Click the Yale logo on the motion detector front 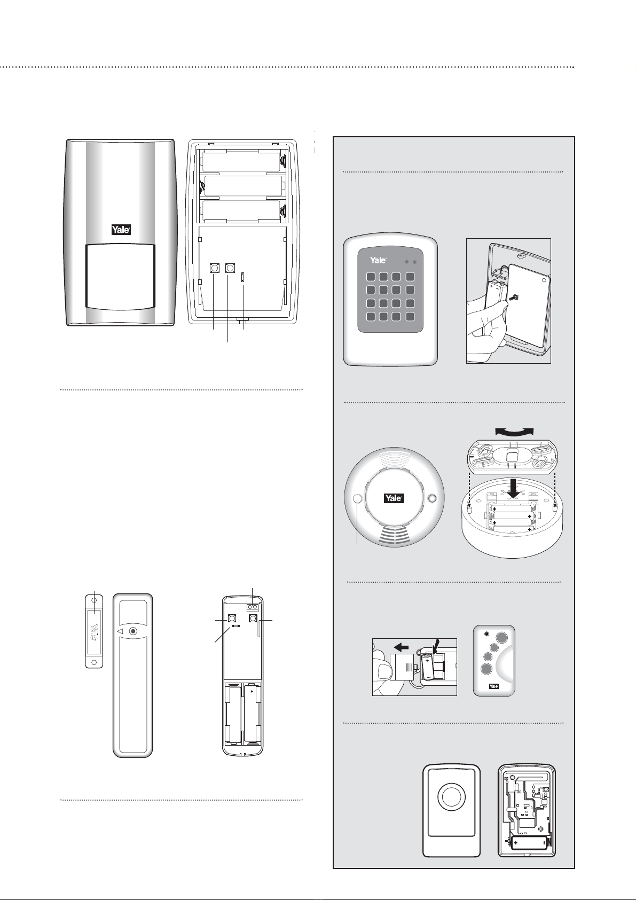click(x=121, y=230)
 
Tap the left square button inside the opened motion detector click(x=214, y=267)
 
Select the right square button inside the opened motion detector click(x=230, y=267)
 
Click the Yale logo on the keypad click(x=378, y=260)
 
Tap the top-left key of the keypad click(x=370, y=277)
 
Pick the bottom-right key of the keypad click(x=410, y=317)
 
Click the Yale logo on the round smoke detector click(x=394, y=498)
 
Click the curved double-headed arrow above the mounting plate click(x=514, y=432)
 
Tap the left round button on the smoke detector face click(x=358, y=499)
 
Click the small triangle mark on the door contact click(x=120, y=631)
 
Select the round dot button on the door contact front click(x=133, y=631)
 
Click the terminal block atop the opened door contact click(x=253, y=607)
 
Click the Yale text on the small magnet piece click(x=94, y=632)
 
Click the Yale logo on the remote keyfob click(x=494, y=686)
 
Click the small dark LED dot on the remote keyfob click(x=486, y=635)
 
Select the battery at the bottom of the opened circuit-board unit click(x=529, y=843)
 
